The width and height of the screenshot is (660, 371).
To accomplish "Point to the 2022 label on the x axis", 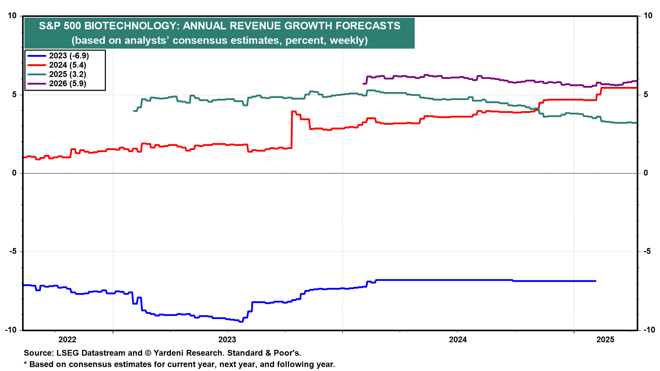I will coord(67,340).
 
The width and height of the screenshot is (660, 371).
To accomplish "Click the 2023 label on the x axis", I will coord(227,340).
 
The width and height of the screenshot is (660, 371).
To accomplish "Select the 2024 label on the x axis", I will coord(458,340).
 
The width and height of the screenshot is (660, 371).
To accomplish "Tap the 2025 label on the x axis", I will coord(605,340).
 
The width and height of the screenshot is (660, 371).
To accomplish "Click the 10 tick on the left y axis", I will coord(12,16).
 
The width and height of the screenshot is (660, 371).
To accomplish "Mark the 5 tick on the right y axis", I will coord(646,94).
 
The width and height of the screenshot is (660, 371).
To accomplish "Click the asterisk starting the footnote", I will coord(25,363).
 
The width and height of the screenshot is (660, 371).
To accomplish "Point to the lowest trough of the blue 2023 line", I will coord(241,322).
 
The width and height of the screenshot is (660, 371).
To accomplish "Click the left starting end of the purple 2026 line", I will coord(363,83).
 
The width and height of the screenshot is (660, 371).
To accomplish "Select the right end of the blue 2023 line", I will coord(595,281).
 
